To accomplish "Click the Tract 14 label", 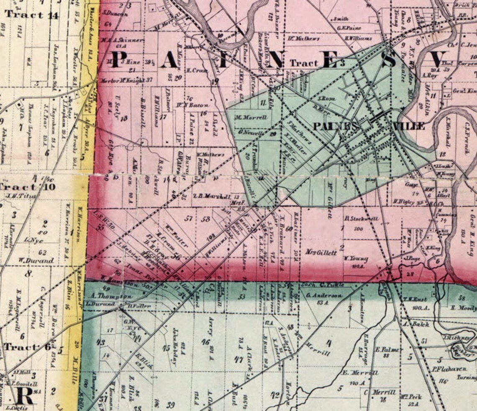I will (x=31, y=15).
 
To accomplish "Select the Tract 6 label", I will (x=28, y=347).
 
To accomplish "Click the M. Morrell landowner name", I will (x=251, y=118).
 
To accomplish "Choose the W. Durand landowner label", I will (x=36, y=261).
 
